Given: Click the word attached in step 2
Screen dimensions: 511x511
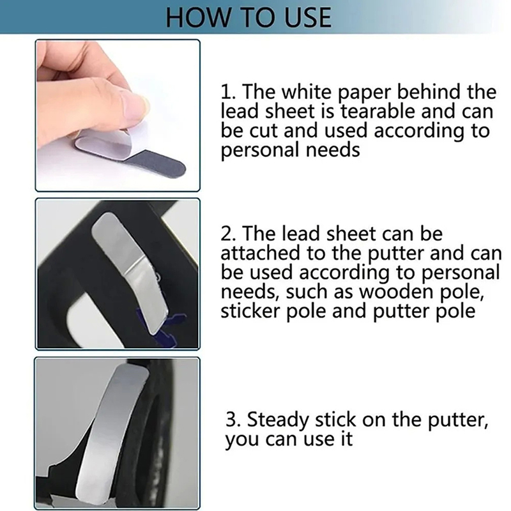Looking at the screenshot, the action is point(260,253).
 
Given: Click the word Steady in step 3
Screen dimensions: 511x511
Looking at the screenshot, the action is point(278,420).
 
